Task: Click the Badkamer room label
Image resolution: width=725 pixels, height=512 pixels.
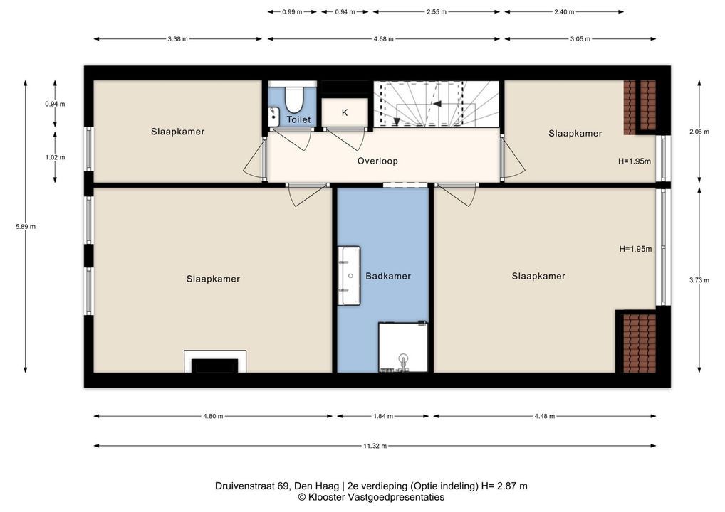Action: [388, 276]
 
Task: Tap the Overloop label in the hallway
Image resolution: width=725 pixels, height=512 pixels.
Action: [377, 161]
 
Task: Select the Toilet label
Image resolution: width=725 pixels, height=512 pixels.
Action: [298, 119]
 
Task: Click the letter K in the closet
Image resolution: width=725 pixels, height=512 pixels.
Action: [345, 112]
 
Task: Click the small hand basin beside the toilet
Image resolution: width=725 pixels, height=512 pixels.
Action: [273, 117]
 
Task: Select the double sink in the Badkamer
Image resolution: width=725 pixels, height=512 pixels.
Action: [349, 276]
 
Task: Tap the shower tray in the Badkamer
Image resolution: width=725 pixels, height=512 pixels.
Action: [403, 347]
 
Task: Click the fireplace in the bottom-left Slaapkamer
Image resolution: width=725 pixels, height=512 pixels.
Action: [215, 361]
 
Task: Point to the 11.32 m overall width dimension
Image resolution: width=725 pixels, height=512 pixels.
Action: [375, 446]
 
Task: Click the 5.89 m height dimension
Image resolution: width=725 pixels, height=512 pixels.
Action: [26, 227]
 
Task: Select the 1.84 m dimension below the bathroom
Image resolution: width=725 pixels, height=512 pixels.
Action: [383, 416]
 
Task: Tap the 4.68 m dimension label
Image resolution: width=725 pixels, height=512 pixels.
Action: [384, 39]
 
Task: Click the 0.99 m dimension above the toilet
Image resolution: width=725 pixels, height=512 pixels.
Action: [292, 12]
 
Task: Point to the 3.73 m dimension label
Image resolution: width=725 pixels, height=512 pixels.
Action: [699, 280]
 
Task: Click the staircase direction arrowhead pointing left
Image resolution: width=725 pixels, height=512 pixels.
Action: [437, 104]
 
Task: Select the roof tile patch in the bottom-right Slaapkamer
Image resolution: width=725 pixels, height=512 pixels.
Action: [640, 343]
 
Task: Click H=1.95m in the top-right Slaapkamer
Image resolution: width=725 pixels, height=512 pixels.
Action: [635, 161]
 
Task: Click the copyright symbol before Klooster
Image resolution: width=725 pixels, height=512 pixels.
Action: [302, 497]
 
